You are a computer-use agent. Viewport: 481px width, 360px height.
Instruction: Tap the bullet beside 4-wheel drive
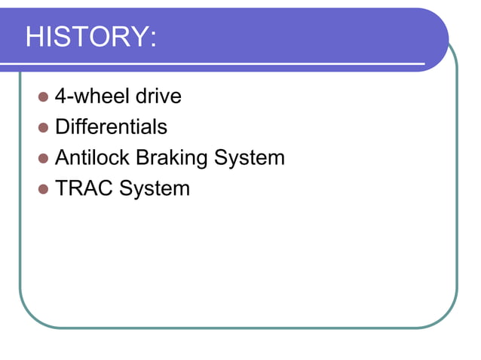click(42, 97)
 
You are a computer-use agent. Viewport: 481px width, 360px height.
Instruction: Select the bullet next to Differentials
click(42, 128)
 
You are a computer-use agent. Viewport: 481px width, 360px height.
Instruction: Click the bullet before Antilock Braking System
click(42, 159)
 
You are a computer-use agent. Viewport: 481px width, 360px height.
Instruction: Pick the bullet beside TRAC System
click(42, 189)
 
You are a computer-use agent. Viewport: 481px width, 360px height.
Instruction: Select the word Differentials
click(111, 127)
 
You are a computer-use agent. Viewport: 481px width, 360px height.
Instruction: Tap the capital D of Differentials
click(61, 127)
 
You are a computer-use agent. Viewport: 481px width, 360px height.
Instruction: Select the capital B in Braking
click(141, 158)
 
